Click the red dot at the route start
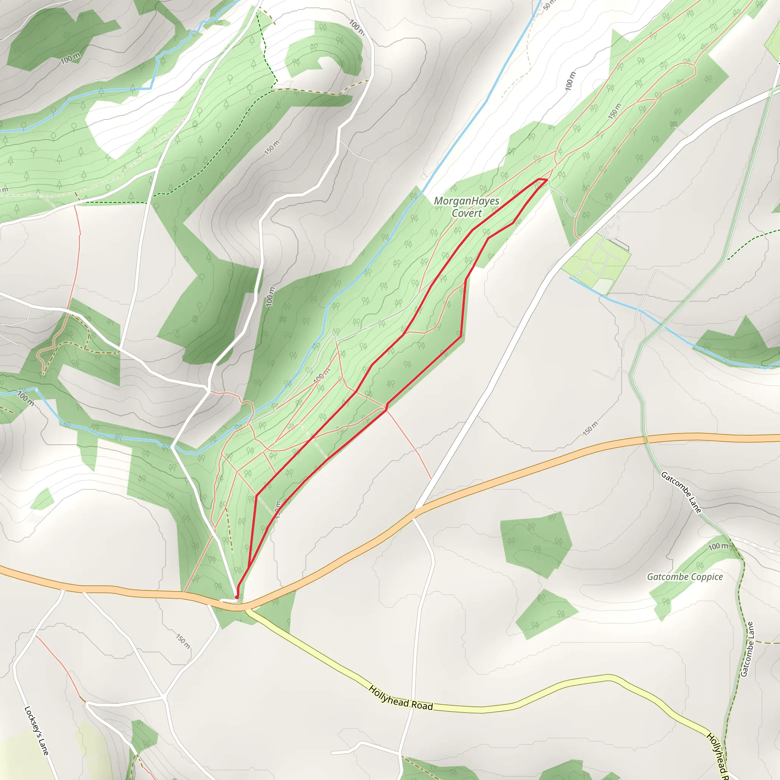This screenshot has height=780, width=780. (x=237, y=597)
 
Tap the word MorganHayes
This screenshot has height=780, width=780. (x=466, y=201)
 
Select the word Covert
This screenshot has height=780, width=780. (x=467, y=213)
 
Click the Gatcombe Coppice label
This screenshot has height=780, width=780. (x=685, y=577)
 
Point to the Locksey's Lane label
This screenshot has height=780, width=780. (x=36, y=731)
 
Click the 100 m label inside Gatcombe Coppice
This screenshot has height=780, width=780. (x=718, y=547)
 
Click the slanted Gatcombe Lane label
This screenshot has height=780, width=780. (x=681, y=493)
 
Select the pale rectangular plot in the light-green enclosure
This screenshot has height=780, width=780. (x=603, y=286)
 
